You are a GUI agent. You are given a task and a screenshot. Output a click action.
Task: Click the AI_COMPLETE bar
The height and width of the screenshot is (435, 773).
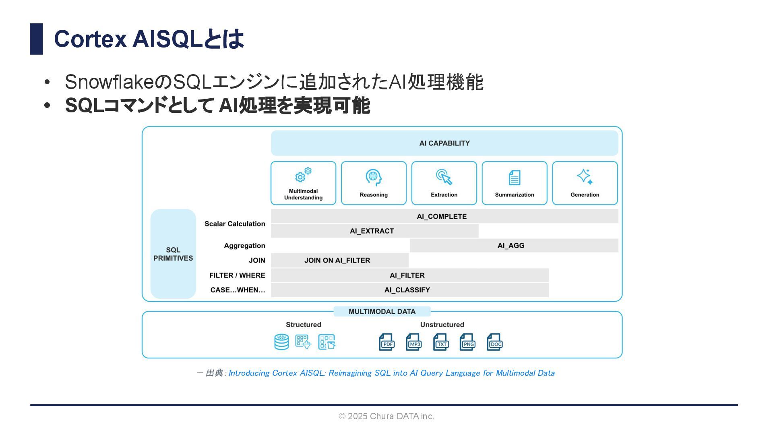(x=444, y=216)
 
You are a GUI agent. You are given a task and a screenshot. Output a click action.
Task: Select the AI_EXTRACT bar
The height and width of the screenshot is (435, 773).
(x=374, y=231)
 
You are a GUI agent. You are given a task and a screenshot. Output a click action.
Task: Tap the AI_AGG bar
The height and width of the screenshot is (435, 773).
(x=514, y=246)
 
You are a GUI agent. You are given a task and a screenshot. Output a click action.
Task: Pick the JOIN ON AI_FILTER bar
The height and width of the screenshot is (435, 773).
(x=339, y=261)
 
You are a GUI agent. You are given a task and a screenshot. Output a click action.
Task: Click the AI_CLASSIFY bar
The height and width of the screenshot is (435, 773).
(x=409, y=290)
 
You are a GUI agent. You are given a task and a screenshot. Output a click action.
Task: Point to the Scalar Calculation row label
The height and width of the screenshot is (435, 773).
(x=235, y=224)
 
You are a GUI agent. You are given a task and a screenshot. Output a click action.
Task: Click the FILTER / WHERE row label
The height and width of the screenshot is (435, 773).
(x=237, y=275)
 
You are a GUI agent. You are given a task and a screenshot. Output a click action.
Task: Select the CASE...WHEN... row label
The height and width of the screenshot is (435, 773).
(x=238, y=290)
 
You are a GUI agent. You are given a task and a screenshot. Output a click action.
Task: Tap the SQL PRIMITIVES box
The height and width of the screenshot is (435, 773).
(x=173, y=254)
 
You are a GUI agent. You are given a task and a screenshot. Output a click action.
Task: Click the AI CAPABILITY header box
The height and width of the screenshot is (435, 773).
(x=444, y=143)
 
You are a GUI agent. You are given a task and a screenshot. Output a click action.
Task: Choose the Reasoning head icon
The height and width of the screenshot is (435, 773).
(x=374, y=177)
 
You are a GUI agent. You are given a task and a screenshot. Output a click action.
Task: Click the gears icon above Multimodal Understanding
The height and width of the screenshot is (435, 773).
(x=303, y=175)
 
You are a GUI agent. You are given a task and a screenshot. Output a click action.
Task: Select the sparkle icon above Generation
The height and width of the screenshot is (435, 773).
(x=585, y=177)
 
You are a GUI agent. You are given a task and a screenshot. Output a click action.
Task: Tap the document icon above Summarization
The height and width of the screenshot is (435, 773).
(x=515, y=178)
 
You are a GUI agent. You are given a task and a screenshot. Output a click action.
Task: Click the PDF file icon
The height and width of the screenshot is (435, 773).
(x=386, y=342)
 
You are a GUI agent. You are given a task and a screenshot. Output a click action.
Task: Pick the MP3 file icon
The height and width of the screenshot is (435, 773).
(x=413, y=342)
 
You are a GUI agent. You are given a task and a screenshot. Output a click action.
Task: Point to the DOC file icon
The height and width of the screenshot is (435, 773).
(x=495, y=342)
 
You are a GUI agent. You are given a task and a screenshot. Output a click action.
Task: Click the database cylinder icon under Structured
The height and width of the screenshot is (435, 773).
(x=281, y=342)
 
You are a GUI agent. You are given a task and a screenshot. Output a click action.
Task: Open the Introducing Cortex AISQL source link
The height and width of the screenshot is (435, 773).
(x=391, y=373)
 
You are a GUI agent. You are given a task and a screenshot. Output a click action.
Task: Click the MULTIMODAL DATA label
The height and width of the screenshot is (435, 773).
(x=382, y=312)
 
